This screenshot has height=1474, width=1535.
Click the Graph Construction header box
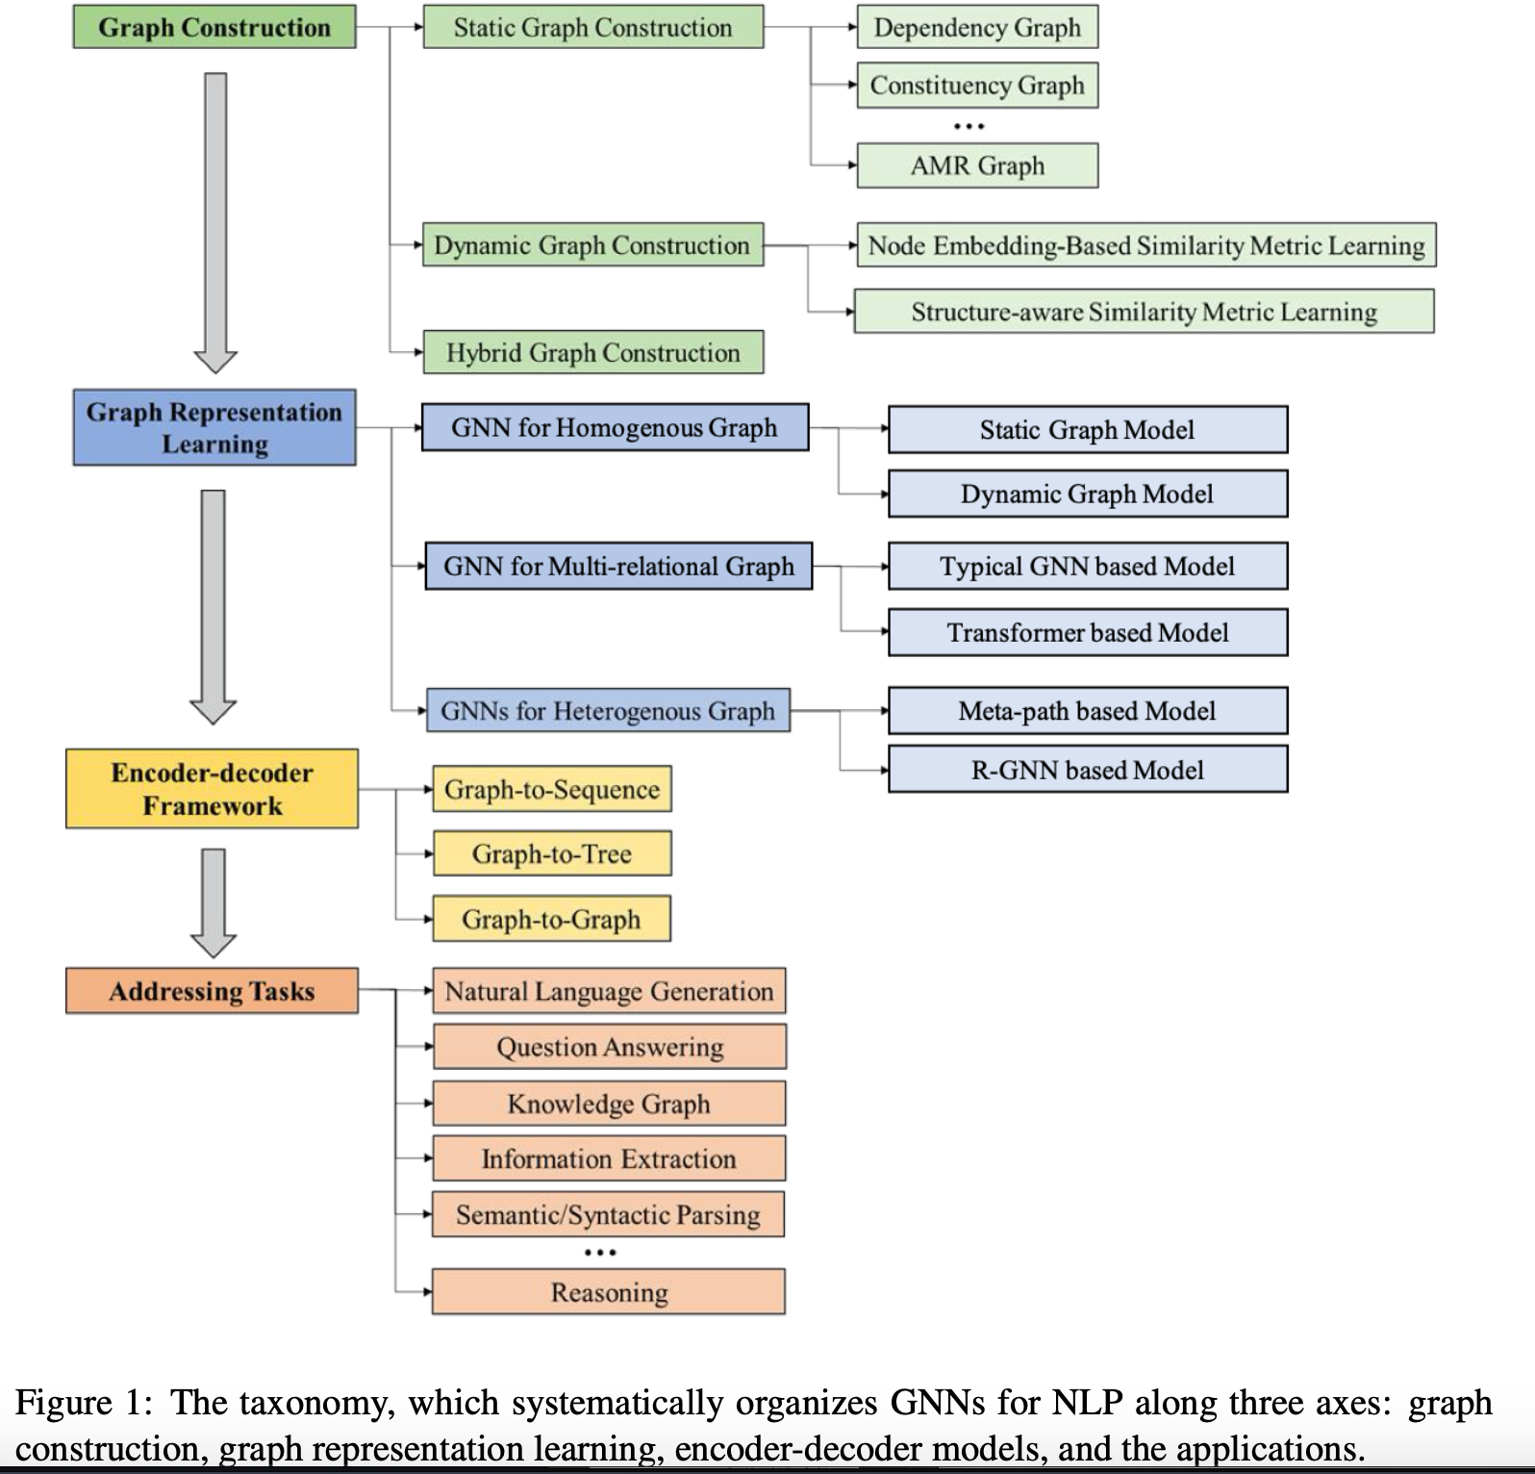pyautogui.click(x=214, y=27)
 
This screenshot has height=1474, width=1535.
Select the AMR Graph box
pyautogui.click(x=977, y=165)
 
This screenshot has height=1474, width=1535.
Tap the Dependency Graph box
pyautogui.click(x=977, y=27)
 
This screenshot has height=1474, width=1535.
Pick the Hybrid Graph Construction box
pyautogui.click(x=593, y=352)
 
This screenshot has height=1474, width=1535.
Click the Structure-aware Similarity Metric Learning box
pyautogui.click(x=1144, y=312)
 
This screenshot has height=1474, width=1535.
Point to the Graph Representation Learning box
pyautogui.click(x=214, y=427)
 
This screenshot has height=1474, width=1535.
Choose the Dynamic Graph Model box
pyautogui.click(x=1088, y=494)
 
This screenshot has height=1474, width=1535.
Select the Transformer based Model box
pyautogui.click(x=1088, y=632)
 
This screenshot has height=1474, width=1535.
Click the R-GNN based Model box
pyautogui.click(x=1088, y=770)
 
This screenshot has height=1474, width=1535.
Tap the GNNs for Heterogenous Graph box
pyautogui.click(x=608, y=710)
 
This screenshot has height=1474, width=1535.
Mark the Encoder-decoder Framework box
pyautogui.click(x=212, y=789)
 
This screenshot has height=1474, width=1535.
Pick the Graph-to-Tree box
pyautogui.click(x=552, y=853)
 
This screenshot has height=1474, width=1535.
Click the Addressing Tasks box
pyautogui.click(x=212, y=991)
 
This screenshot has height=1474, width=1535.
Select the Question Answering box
pyautogui.click(x=610, y=1047)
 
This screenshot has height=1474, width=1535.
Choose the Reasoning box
pyautogui.click(x=609, y=1291)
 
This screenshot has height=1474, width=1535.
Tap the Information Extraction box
pyautogui.click(x=609, y=1158)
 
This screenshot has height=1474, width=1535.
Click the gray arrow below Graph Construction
pyautogui.click(x=215, y=223)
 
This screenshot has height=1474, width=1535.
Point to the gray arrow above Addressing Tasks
pyautogui.click(x=214, y=903)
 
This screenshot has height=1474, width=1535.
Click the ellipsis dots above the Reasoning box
pyautogui.click(x=599, y=1252)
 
